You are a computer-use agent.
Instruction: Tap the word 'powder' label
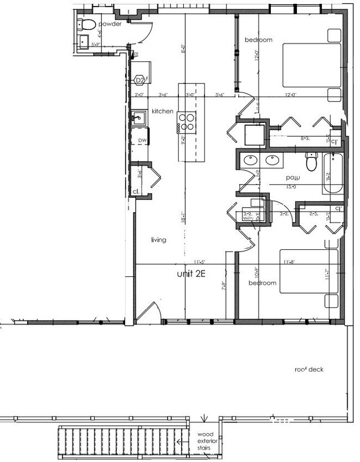click(x=110, y=25)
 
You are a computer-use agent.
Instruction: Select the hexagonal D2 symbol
click(x=141, y=80)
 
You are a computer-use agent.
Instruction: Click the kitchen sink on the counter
click(x=138, y=117)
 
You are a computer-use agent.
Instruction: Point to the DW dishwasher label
click(x=142, y=141)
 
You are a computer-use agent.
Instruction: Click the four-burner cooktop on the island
click(x=187, y=121)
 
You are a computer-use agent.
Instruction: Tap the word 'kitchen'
click(x=163, y=111)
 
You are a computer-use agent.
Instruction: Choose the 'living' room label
click(x=160, y=240)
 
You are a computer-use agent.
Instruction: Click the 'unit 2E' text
click(x=191, y=274)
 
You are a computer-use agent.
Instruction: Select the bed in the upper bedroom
click(x=312, y=65)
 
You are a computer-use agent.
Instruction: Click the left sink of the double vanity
click(x=250, y=161)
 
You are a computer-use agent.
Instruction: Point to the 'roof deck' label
click(x=309, y=369)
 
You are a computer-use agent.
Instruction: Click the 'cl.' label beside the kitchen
click(x=135, y=192)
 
